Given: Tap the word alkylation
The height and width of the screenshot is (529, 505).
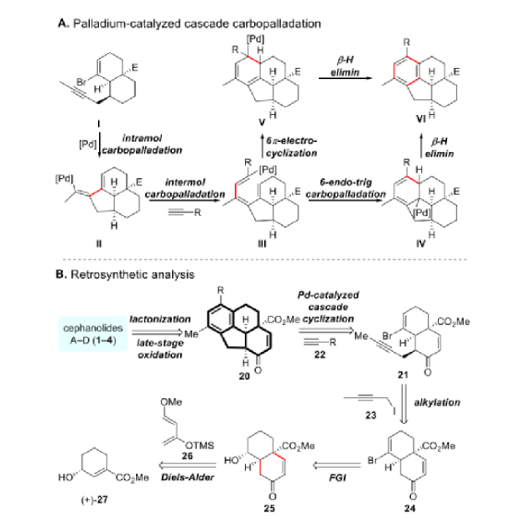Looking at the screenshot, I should (x=461, y=402).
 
